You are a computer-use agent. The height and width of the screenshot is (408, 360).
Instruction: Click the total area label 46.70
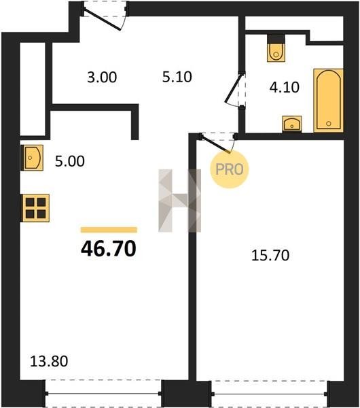pos(109,248)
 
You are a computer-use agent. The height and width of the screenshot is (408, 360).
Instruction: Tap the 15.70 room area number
pos(270,255)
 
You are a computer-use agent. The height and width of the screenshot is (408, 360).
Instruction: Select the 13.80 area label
pos(49,361)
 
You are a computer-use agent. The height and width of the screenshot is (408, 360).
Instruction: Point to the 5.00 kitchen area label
pos(70,161)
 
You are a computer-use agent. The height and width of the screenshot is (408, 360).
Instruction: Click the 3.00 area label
pos(102,78)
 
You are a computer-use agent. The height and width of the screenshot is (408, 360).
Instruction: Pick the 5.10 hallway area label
pos(177,77)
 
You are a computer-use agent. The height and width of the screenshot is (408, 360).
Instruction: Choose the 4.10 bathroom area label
pos(285,87)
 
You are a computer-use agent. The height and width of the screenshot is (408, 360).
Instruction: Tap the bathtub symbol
pos(329,101)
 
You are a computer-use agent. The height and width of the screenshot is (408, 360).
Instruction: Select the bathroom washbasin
pos(292,124)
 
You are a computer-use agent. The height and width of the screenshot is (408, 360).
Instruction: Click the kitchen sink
pos(32,158)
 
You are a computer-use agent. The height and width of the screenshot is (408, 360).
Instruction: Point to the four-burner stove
pos(35,208)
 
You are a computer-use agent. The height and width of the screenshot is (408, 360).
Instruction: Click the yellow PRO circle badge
pos(230,169)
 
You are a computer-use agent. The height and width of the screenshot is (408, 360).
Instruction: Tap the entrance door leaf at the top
pos(103,20)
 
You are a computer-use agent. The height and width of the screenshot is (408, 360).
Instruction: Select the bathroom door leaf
pos(234,88)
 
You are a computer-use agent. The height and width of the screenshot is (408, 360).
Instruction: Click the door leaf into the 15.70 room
pos(216,144)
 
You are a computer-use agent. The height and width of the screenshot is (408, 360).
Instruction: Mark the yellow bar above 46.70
pos(109,230)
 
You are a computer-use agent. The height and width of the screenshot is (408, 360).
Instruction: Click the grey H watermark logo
pos(179,201)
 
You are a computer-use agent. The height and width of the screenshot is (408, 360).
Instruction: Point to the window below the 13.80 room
pos(103,394)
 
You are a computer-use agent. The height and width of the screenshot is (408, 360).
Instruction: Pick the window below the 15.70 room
pos(269,394)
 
